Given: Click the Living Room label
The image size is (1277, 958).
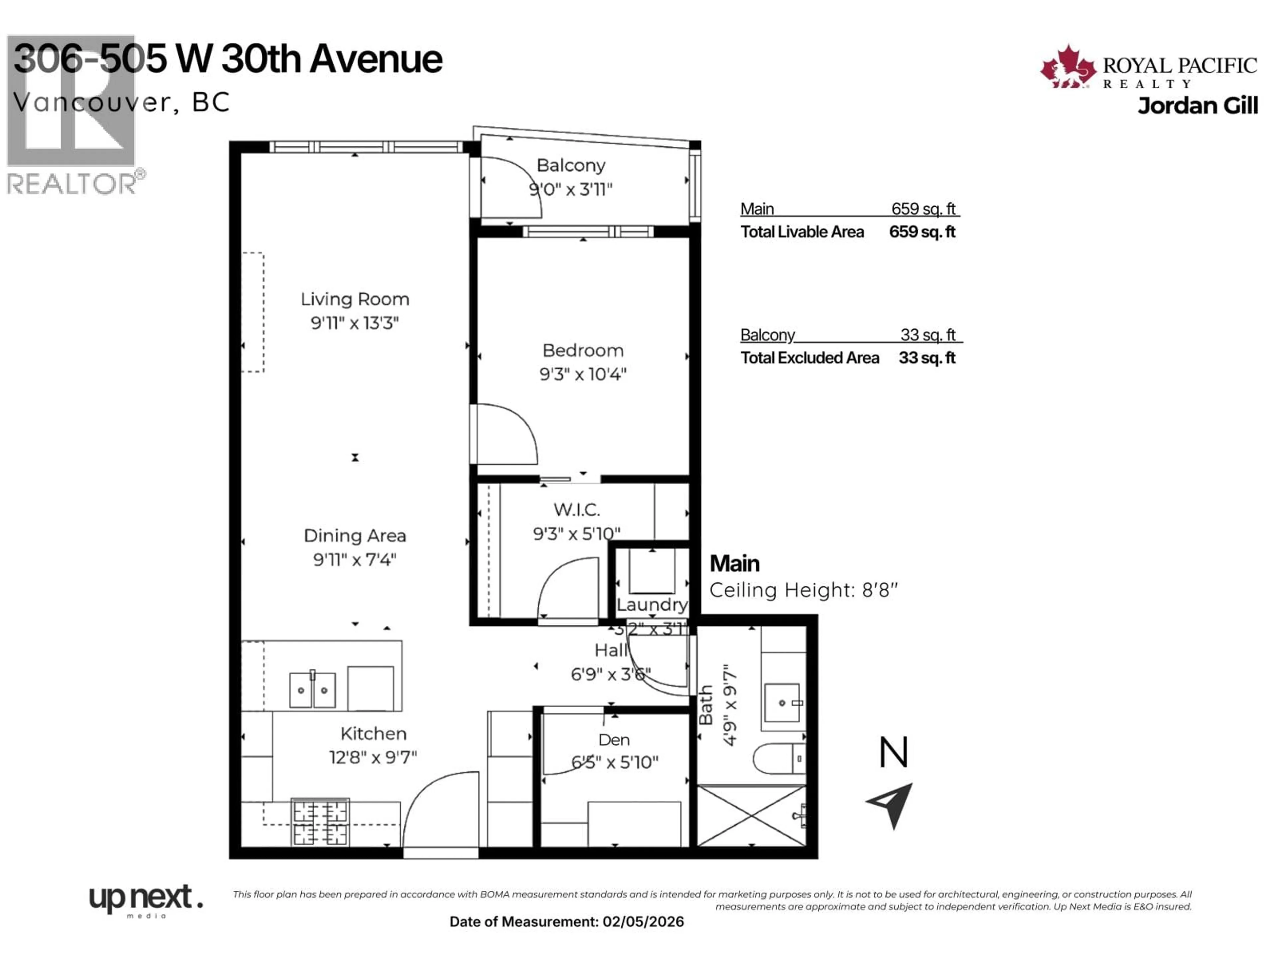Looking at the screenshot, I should (x=355, y=299).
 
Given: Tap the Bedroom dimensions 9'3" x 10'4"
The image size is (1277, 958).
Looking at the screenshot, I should (x=583, y=374).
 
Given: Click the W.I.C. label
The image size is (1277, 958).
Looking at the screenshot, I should (x=577, y=509).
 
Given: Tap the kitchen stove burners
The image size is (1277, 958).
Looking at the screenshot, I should (x=320, y=823).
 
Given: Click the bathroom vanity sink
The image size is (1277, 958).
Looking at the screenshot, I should (x=782, y=703).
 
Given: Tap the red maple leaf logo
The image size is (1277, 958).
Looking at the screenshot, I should (x=1068, y=68).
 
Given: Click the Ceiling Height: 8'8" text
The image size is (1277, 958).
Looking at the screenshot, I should (x=803, y=590).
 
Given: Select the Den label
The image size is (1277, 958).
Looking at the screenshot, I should (x=614, y=740).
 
